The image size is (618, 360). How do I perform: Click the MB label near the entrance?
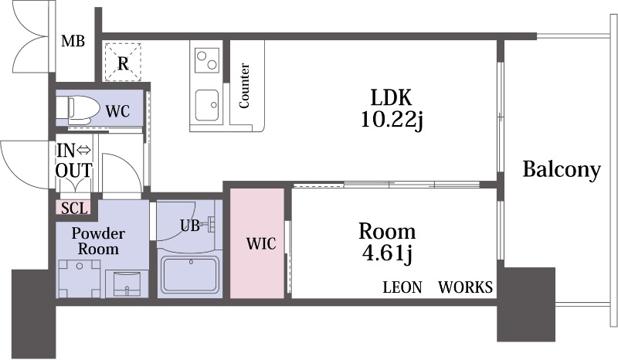[73, 41]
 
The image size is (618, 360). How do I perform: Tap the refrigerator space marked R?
[123, 61]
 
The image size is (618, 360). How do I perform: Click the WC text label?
[117, 111]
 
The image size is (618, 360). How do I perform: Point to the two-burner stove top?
[207, 60]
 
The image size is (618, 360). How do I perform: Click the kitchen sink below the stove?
[207, 105]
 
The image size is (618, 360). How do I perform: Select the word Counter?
[244, 86]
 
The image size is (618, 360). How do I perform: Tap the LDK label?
[391, 97]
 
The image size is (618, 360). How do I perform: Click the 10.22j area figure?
[392, 119]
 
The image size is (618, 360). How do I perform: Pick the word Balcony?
[562, 169]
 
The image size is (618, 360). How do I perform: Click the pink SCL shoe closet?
[73, 207]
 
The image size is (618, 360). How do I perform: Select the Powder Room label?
[98, 241]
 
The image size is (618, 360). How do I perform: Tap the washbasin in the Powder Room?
[127, 283]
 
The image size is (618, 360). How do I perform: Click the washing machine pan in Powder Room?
[79, 278]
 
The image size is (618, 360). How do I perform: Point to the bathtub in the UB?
[190, 275]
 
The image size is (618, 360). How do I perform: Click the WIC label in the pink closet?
[261, 243]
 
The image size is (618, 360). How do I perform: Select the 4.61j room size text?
[387, 253]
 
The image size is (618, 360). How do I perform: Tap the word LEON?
[402, 287]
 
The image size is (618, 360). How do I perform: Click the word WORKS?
[466, 287]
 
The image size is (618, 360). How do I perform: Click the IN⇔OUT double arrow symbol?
[83, 150]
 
